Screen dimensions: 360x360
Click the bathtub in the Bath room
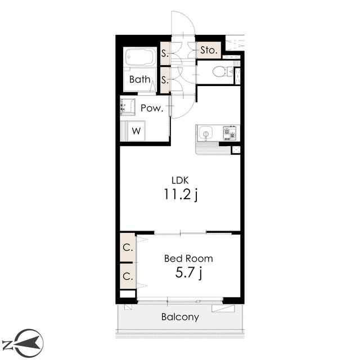pyautogui.click(x=140, y=57)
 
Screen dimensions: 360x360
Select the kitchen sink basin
pyautogui.click(x=206, y=133)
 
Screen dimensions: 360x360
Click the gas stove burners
pyautogui.click(x=229, y=133)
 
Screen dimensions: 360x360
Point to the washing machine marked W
pyautogui.click(x=136, y=131)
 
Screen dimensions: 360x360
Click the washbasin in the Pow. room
pyautogui.click(x=128, y=107)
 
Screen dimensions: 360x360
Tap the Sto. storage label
pyautogui.click(x=209, y=50)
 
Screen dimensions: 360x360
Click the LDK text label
pyautogui.click(x=180, y=181)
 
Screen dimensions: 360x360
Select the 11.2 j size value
pyautogui.click(x=181, y=195)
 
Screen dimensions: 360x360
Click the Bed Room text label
pyautogui.click(x=188, y=259)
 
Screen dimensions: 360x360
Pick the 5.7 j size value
pyautogui.click(x=188, y=273)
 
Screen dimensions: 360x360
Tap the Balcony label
pyautogui.click(x=180, y=317)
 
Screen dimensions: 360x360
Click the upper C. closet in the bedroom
pyautogui.click(x=128, y=247)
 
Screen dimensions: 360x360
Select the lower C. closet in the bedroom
pyautogui.click(x=128, y=276)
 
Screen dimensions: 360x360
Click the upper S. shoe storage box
pyautogui.click(x=165, y=53)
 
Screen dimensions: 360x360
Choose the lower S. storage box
pyautogui.click(x=165, y=80)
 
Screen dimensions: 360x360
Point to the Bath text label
pyautogui.click(x=140, y=79)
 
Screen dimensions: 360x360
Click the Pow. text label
pyautogui.click(x=152, y=108)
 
